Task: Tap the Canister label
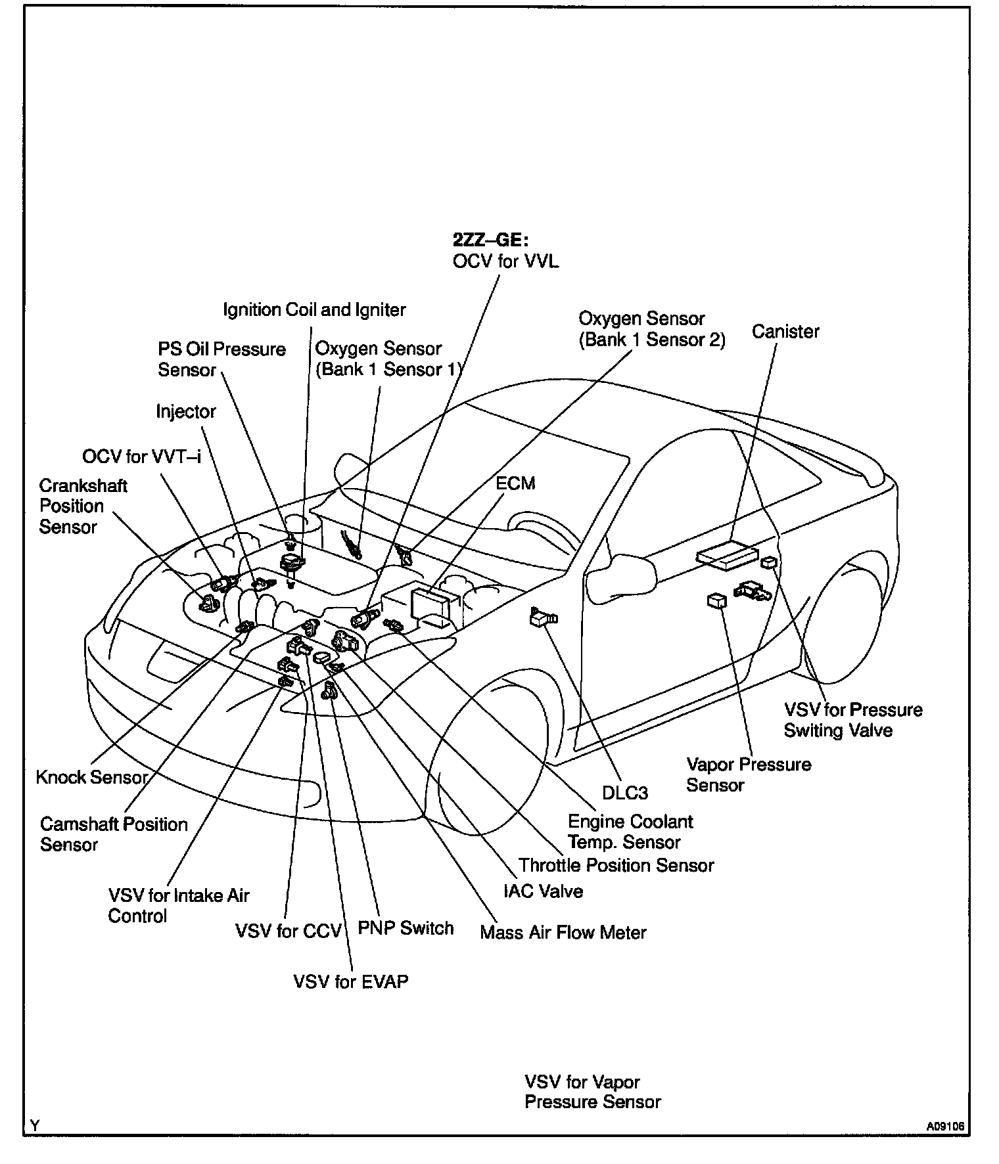pos(785,331)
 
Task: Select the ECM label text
pos(515,483)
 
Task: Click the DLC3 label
pos(625,793)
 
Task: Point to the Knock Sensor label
pos(91,777)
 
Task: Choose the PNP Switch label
pos(406,928)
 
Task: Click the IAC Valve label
pos(543,891)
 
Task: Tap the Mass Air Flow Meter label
pos(563,932)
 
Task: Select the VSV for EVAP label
pos(351,981)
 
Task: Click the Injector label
pos(186,412)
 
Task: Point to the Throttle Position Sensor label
pos(616,865)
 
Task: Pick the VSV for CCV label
pos(289,931)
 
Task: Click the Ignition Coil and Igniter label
pos(314,309)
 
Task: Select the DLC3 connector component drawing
pos(542,617)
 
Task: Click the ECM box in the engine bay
pos(430,603)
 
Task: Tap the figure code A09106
pos(946,1126)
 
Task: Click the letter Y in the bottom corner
pos(35,1126)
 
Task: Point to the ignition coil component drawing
pos(290,562)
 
